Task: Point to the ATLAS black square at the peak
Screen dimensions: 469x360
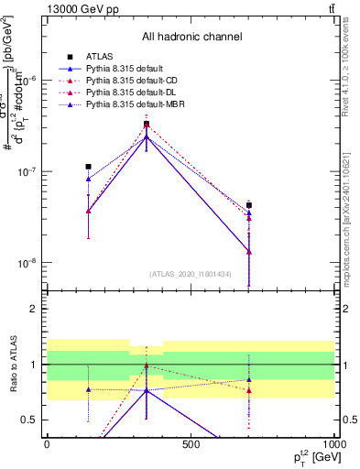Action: (x=147, y=124)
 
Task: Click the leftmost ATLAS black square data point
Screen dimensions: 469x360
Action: (x=88, y=167)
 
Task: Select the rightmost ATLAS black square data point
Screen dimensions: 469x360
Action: (x=249, y=205)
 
